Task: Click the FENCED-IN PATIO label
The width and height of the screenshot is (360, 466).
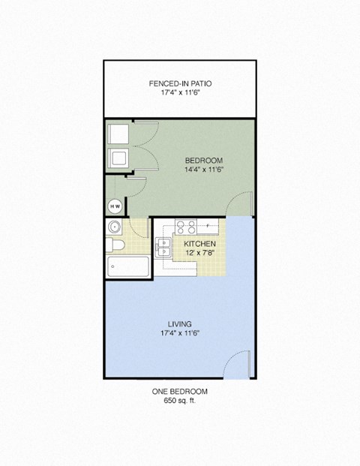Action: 180,83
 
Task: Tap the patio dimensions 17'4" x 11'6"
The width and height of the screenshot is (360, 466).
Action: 180,94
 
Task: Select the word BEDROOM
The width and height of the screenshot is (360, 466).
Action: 203,160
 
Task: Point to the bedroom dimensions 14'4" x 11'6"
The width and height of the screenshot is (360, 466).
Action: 203,170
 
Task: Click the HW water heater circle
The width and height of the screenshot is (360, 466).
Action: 115,206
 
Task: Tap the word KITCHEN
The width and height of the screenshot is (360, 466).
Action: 200,245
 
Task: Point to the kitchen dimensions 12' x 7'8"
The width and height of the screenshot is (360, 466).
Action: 200,254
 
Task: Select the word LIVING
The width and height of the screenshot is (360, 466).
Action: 180,323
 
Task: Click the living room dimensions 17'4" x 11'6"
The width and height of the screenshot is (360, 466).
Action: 180,333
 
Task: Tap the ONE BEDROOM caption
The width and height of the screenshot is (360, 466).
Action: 180,392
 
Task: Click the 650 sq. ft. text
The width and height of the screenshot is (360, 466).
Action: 180,401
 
